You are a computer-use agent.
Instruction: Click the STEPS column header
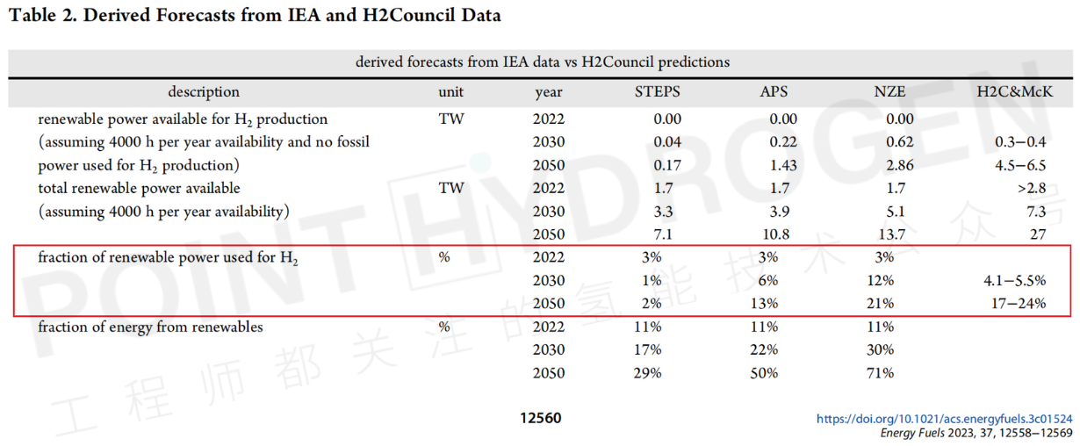click(658, 92)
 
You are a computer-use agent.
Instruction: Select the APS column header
click(774, 92)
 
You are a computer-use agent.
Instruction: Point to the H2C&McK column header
click(1014, 92)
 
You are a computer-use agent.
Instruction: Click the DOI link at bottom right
click(944, 420)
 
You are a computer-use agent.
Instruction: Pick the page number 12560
click(540, 419)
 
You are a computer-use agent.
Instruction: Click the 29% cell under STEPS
click(648, 373)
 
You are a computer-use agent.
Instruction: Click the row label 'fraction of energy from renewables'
click(150, 327)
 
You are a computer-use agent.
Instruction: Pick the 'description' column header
click(204, 92)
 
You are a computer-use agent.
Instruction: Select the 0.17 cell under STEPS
click(667, 165)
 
